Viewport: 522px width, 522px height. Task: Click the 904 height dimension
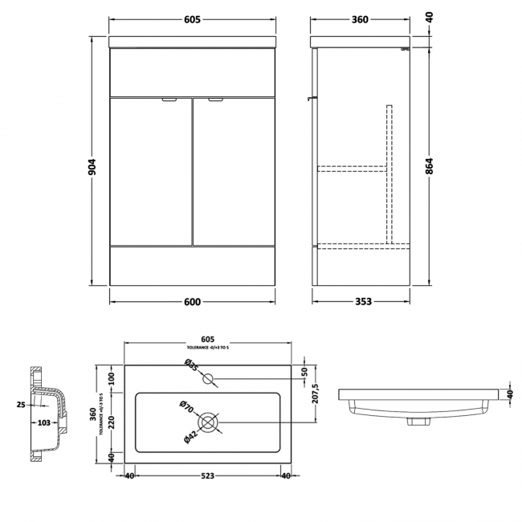(93, 166)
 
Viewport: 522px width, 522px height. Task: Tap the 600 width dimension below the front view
(192, 302)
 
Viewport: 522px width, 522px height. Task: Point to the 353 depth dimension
(363, 302)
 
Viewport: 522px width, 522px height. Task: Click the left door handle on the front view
(169, 100)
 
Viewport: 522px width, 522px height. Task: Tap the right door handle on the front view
(215, 100)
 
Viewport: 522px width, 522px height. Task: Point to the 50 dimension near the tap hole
(304, 372)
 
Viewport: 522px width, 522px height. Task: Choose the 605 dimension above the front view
(192, 19)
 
